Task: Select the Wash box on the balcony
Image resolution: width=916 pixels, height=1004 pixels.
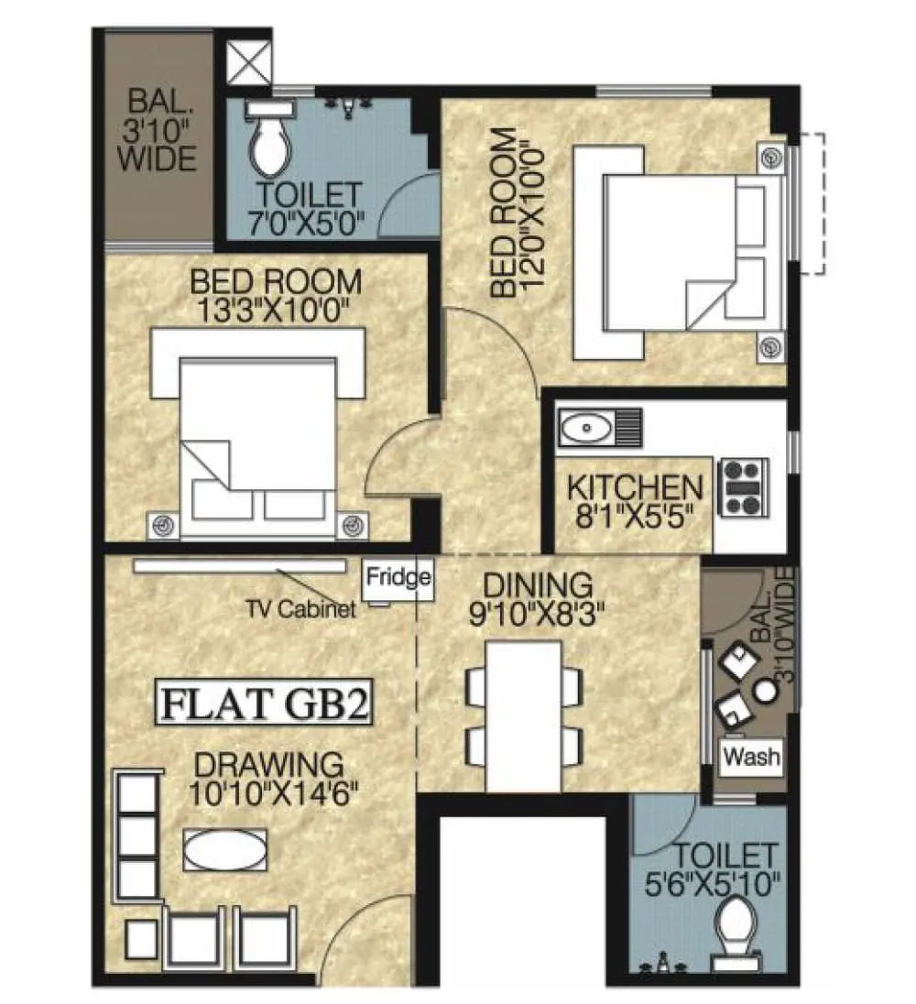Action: click(752, 757)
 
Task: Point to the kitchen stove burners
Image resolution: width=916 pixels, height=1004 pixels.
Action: click(744, 486)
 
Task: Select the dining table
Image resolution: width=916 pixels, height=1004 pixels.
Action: click(523, 715)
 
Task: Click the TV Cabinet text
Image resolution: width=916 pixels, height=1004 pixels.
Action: click(301, 609)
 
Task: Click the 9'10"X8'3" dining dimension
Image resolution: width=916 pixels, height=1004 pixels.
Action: click(538, 611)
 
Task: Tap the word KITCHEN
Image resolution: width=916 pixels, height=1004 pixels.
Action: click(634, 486)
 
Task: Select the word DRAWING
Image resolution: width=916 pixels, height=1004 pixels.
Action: click(269, 763)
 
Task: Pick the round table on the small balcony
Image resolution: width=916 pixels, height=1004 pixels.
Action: click(765, 693)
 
